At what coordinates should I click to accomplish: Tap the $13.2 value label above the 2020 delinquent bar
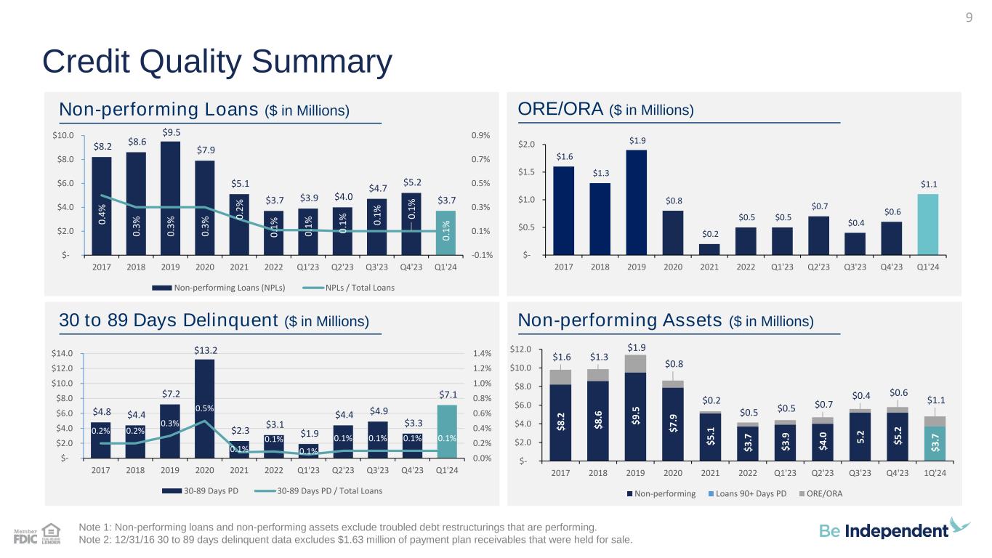(x=205, y=350)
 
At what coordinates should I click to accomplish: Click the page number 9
(x=968, y=18)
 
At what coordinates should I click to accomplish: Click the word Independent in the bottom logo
(x=896, y=531)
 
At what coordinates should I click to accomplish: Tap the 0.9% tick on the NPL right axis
(x=481, y=135)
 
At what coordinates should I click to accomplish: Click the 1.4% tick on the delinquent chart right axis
(x=481, y=354)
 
